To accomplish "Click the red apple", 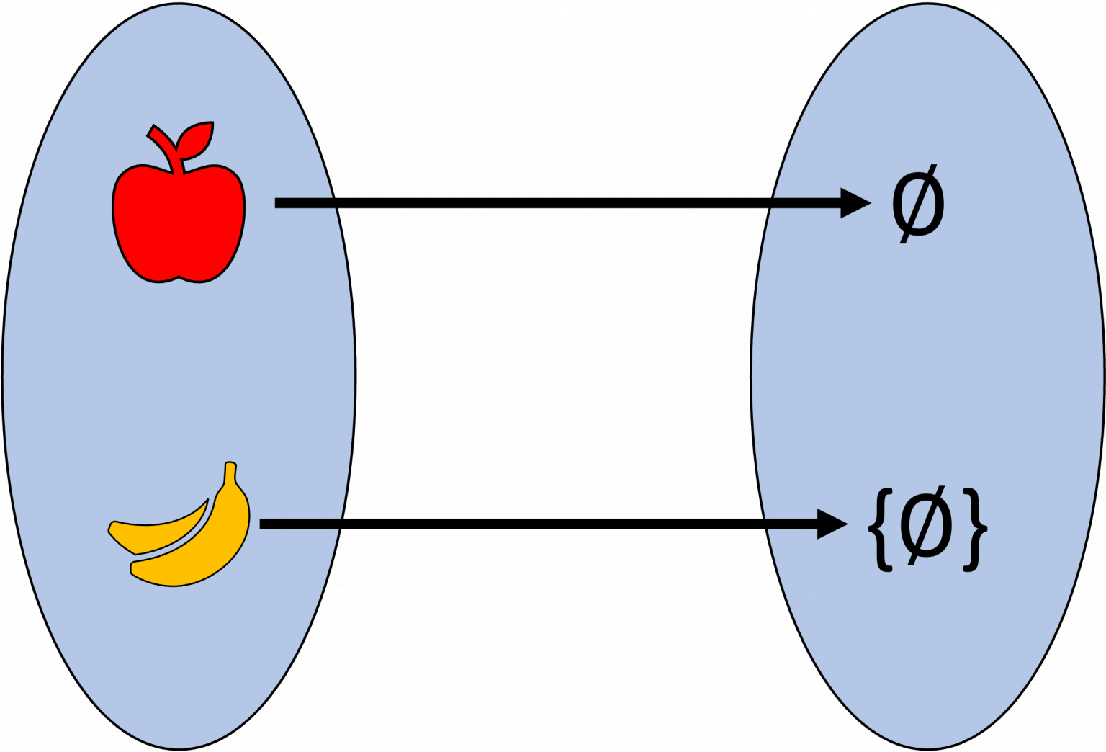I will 178,223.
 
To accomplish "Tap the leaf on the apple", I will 195,140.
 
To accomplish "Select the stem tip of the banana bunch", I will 230,472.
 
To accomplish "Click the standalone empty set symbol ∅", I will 918,204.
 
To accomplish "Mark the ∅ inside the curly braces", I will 927,528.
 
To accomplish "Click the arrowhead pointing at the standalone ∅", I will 855,203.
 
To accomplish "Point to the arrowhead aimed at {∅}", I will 832,524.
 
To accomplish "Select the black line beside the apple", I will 305,203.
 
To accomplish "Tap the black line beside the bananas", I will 299,524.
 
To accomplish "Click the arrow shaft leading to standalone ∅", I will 806,203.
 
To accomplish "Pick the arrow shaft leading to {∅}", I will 792,524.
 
